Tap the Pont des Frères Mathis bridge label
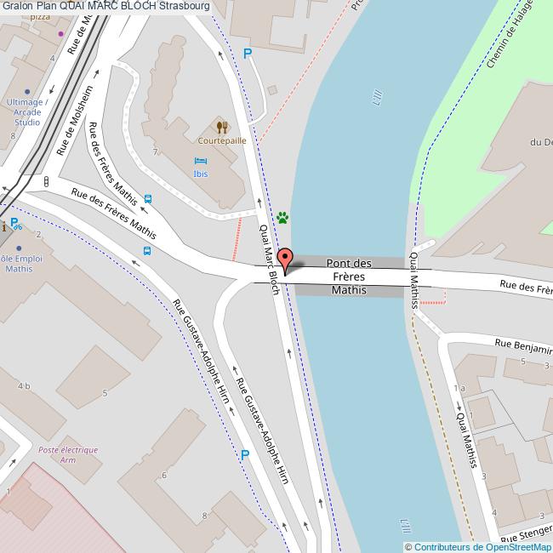[349, 276]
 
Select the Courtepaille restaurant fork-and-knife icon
[222, 127]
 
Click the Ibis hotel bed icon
[201, 161]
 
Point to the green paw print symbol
[282, 218]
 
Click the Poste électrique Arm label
[68, 454]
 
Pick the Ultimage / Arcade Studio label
[28, 111]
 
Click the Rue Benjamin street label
[523, 347]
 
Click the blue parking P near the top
[248, 54]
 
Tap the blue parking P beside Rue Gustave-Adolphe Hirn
[245, 455]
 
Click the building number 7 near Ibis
[155, 152]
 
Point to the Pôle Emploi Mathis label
[19, 264]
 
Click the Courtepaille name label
[222, 140]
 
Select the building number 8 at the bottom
[204, 516]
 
